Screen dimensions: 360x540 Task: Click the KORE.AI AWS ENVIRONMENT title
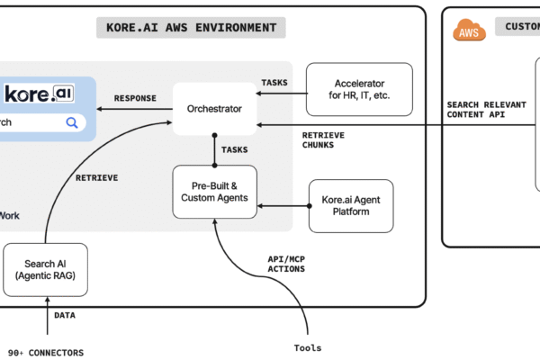pos(190,27)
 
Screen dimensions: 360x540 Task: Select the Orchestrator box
pos(214,109)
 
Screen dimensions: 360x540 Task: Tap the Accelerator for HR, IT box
pos(359,90)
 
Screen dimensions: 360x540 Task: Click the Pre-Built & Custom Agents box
pos(214,191)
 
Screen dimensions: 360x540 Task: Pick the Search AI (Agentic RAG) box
pos(45,269)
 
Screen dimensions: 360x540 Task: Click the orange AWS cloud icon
pos(468,31)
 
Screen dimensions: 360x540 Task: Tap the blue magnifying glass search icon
pos(71,122)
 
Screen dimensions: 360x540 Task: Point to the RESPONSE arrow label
pos(135,98)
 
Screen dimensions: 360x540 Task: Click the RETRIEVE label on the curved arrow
pos(96,177)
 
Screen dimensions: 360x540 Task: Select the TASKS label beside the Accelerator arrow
pos(274,82)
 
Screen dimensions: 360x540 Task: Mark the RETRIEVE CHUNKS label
pos(323,141)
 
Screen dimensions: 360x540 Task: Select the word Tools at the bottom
pos(307,347)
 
